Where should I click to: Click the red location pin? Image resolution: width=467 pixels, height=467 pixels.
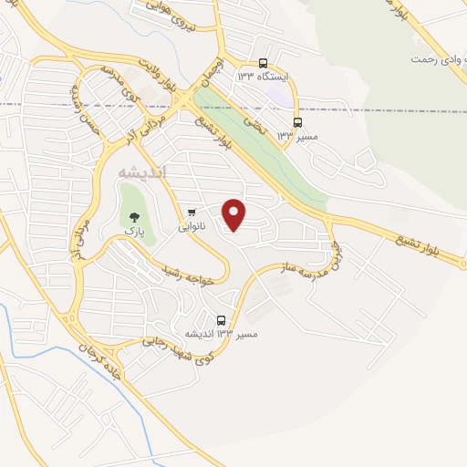(235, 214)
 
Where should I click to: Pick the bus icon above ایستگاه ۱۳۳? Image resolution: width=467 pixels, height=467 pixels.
(263, 64)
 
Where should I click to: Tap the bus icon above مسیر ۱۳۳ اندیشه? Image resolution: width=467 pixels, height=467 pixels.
(222, 320)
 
